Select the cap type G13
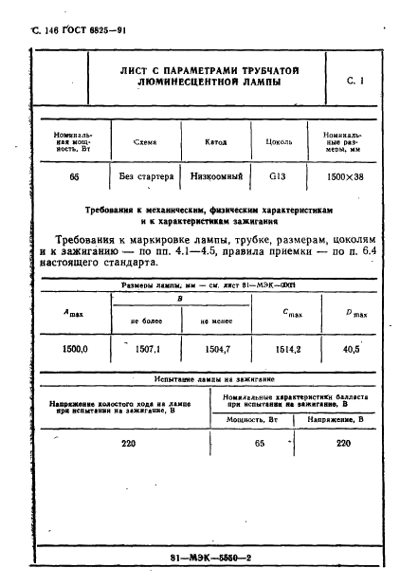(277, 176)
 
